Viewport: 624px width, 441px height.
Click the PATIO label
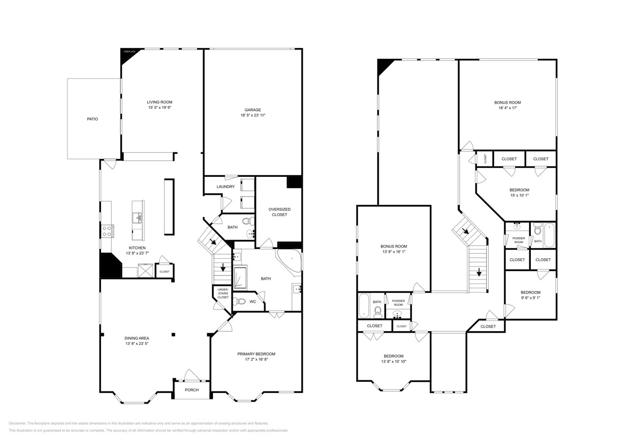92,119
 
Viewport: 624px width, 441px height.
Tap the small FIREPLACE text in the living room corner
129,51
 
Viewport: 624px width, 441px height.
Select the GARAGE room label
253,110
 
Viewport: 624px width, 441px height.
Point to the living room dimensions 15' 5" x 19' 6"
159,107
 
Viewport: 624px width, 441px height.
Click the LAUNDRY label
226,187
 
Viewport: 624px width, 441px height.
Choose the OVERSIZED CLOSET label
279,212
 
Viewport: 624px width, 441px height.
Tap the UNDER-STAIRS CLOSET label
223,294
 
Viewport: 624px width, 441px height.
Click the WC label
253,302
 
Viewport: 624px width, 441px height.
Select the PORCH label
191,390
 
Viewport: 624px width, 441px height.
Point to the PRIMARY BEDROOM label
256,354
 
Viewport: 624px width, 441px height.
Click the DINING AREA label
136,338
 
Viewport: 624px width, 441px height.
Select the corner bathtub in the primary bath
289,261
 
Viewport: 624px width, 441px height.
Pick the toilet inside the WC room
239,301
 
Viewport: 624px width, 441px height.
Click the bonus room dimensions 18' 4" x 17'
507,108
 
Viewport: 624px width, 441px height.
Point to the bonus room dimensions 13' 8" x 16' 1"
393,252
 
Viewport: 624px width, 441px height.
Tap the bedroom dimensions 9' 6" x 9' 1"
530,297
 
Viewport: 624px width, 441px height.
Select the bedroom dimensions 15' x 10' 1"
519,195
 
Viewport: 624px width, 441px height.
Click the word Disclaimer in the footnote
18,423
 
